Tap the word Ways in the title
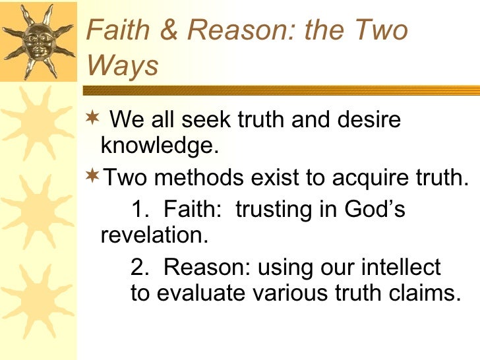122,66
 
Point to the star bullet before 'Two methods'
93,176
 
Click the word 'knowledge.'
159,146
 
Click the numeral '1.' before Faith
140,210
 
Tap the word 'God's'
375,210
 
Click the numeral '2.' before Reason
140,268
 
